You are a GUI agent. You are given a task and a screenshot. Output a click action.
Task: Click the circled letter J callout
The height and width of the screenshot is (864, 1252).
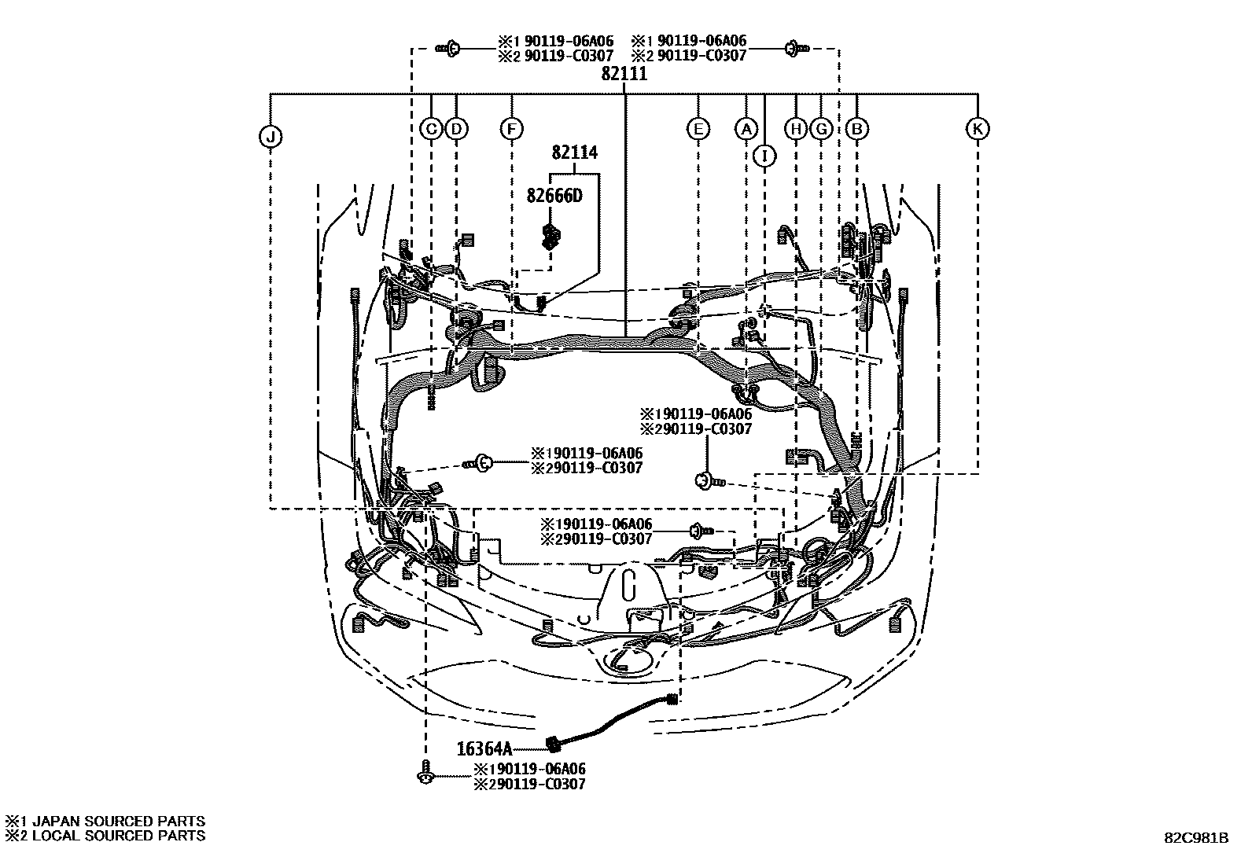(x=270, y=138)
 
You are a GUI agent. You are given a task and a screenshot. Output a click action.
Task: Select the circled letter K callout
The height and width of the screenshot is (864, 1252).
(x=978, y=129)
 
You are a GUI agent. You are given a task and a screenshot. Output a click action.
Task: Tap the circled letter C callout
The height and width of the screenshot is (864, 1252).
(x=431, y=129)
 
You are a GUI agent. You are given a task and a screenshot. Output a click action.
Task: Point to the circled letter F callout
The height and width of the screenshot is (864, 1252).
(x=511, y=129)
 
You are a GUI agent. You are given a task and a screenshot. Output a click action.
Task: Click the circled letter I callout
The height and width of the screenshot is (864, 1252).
(x=764, y=156)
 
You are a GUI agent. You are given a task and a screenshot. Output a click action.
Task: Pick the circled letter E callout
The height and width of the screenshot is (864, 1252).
(x=698, y=129)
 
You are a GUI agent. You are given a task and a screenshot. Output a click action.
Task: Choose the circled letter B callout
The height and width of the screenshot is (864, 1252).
(x=857, y=129)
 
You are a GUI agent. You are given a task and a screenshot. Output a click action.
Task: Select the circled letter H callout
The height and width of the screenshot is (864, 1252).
(x=797, y=129)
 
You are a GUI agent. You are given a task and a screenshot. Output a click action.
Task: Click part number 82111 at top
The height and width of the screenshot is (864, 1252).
(x=624, y=74)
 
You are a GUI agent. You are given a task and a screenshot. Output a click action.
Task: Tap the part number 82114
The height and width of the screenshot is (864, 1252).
(x=574, y=153)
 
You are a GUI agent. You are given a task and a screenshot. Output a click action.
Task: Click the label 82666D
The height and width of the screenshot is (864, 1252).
(x=554, y=196)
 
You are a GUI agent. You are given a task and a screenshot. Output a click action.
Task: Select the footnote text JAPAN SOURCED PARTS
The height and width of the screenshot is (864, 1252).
(x=118, y=822)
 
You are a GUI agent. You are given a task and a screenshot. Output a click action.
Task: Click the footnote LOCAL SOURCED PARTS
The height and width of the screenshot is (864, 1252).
(x=118, y=836)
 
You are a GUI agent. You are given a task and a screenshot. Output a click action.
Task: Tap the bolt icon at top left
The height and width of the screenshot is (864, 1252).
(x=448, y=49)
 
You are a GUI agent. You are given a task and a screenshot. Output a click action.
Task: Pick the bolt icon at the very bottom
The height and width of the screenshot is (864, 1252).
(x=425, y=774)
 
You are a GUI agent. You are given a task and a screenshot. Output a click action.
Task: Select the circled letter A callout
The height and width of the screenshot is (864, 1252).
(x=746, y=129)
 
